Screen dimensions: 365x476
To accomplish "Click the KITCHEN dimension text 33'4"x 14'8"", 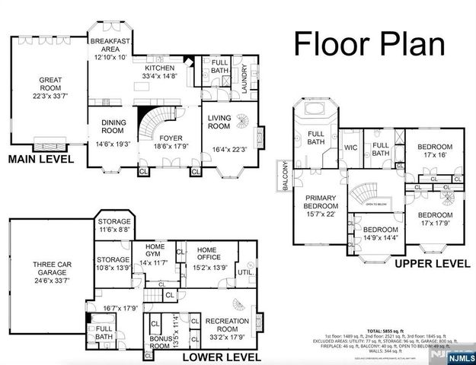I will pos(160,76).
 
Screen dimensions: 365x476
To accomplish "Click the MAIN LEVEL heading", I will pos(40,160).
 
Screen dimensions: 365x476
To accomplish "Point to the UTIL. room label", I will pos(245,271).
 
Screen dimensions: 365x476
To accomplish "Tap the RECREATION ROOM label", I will pos(227,326).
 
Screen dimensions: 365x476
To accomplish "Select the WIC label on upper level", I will pos(350,148).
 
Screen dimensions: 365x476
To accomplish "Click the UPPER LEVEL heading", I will pos(432,263).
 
